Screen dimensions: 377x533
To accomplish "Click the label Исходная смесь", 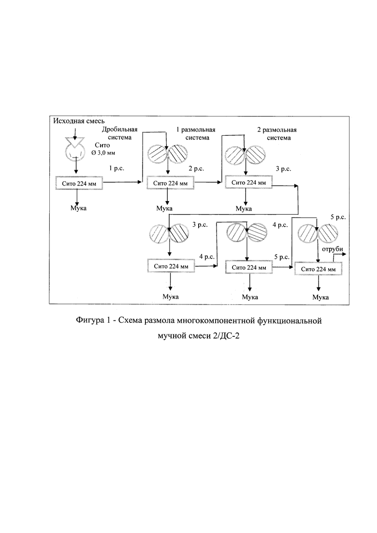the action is pyautogui.click(x=79, y=121).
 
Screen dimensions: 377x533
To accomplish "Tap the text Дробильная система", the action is pyautogui.click(x=120, y=133).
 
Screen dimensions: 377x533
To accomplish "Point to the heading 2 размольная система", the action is pyautogui.click(x=277, y=133).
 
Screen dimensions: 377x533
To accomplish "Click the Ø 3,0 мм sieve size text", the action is pyautogui.click(x=103, y=153).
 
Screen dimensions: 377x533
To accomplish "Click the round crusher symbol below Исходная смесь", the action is pyautogui.click(x=75, y=151).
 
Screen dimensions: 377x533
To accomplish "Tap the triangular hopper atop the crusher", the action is pyautogui.click(x=75, y=142).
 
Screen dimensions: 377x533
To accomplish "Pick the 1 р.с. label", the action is pyautogui.click(x=116, y=168).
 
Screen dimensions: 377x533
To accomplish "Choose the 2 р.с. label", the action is pyautogui.click(x=196, y=168).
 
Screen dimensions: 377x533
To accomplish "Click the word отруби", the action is pyautogui.click(x=333, y=249).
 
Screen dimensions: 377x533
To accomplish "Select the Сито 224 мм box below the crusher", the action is pyautogui.click(x=79, y=183).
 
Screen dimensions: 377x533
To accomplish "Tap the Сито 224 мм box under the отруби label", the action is pyautogui.click(x=318, y=269).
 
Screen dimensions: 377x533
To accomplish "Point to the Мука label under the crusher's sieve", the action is pyautogui.click(x=78, y=208).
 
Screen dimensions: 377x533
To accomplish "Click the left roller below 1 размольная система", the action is pyautogui.click(x=158, y=154).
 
